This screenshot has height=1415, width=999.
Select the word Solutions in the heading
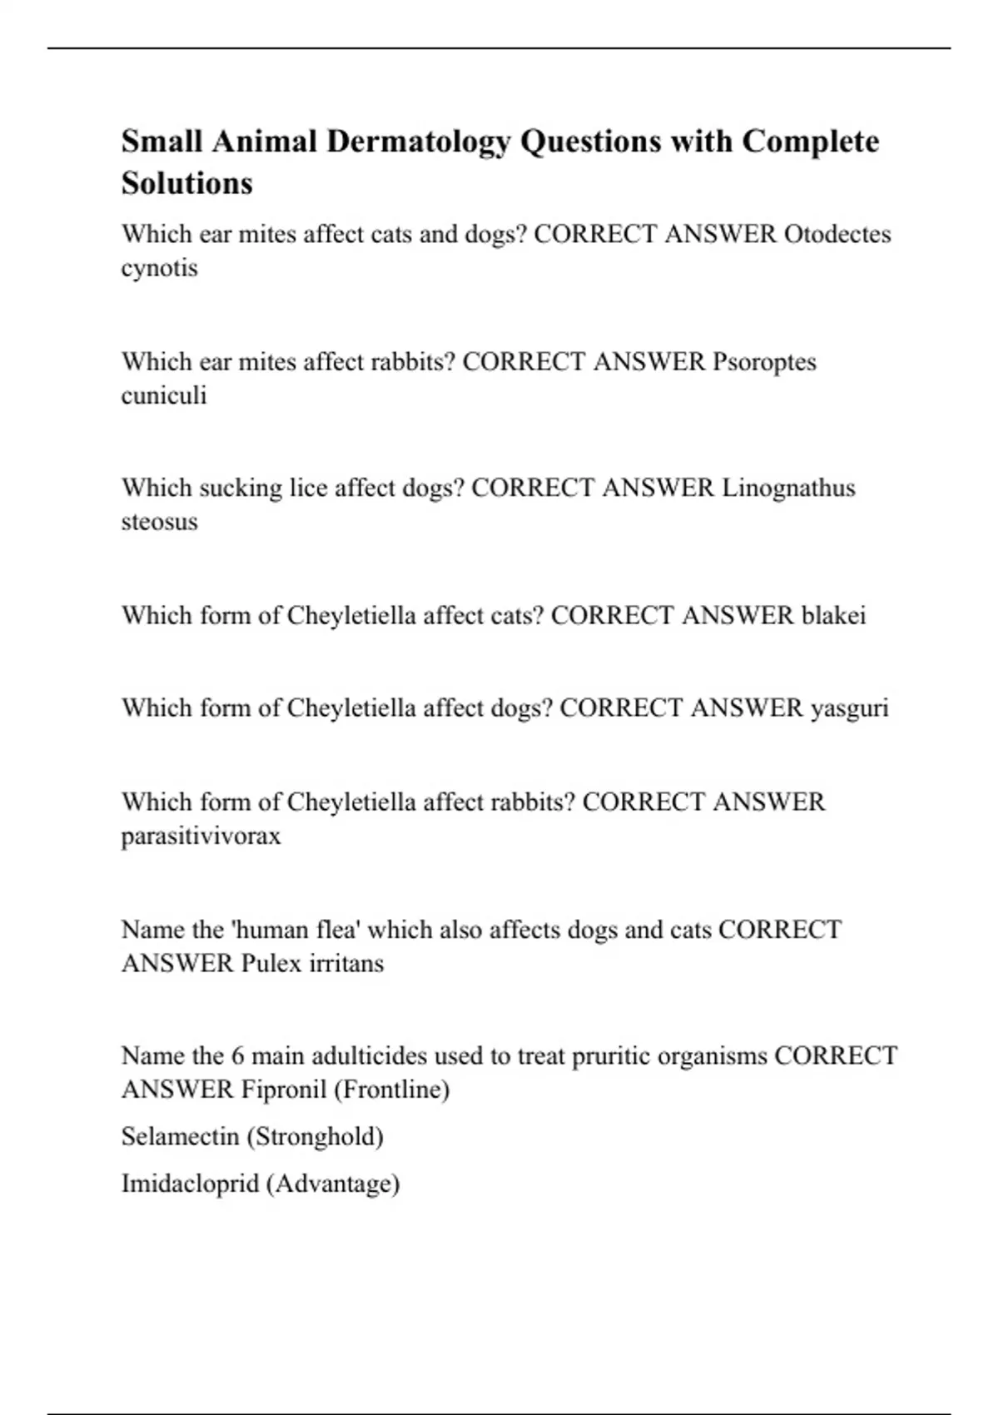(186, 183)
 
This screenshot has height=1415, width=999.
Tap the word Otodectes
(837, 234)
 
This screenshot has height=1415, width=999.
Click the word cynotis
(159, 268)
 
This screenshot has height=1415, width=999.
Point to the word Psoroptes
(764, 361)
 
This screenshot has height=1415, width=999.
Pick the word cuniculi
(163, 395)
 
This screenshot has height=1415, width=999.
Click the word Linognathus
(788, 488)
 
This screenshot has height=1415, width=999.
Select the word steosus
(159, 522)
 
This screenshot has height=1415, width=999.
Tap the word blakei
(833, 615)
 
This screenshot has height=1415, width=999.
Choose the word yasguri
(849, 707)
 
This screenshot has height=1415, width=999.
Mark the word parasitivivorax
(201, 835)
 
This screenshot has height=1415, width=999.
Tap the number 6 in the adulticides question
(238, 1055)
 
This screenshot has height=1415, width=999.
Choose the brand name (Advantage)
(332, 1183)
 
